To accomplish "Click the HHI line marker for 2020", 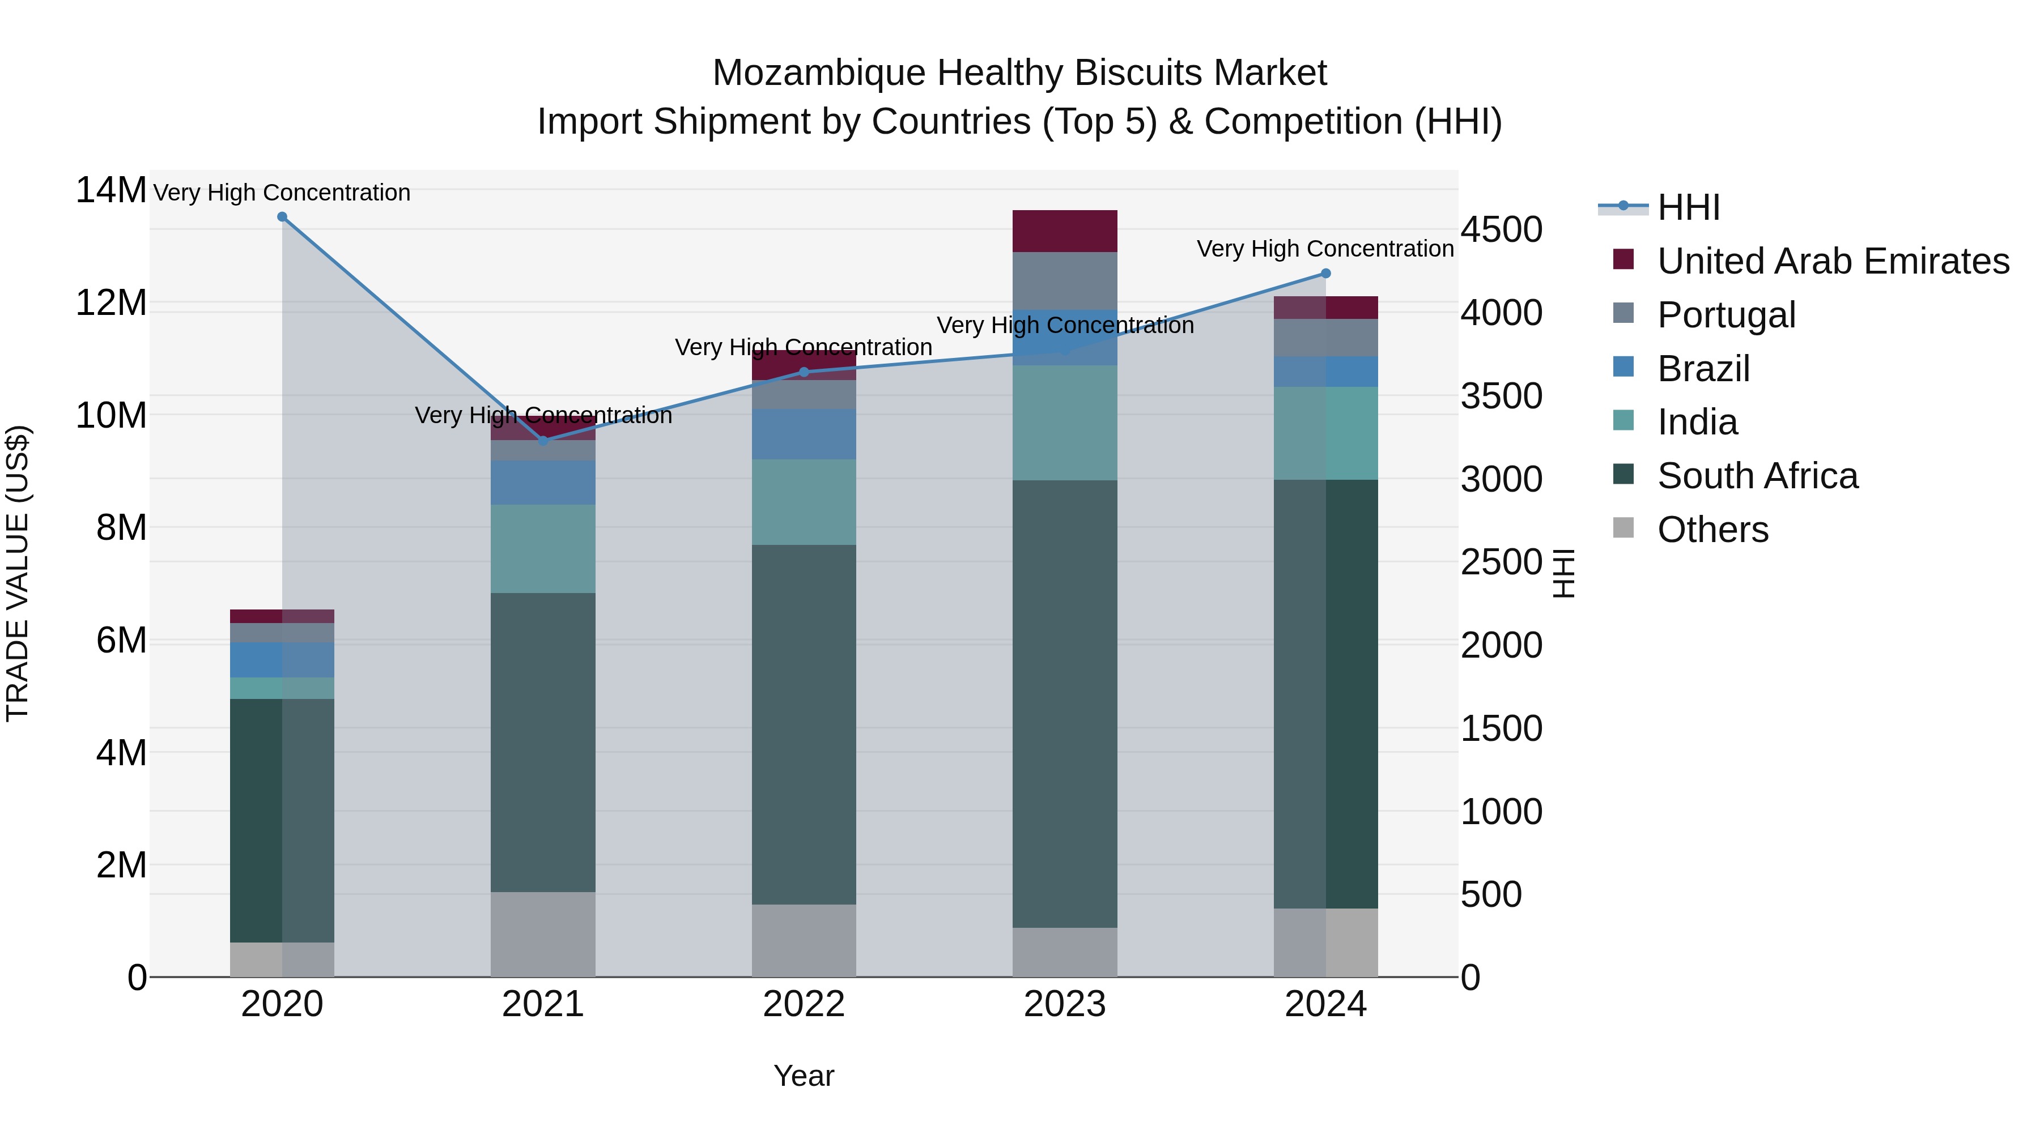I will pos(282,217).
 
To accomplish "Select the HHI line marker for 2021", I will pos(543,441).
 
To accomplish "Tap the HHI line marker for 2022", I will pos(804,372).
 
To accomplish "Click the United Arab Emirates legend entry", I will pos(1833,261).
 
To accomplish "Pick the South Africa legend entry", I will pos(1757,476).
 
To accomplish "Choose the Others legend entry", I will pos(1712,530).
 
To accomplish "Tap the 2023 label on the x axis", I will pos(1064,1004).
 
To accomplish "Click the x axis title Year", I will pos(804,1076).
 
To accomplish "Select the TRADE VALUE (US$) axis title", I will pos(18,573).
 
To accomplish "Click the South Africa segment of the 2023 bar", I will pos(1064,703).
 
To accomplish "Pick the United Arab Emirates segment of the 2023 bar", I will pos(1064,231).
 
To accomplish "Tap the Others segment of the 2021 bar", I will pos(543,934).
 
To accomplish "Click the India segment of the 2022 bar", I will pos(804,502).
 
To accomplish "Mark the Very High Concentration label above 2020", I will pos(282,193).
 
